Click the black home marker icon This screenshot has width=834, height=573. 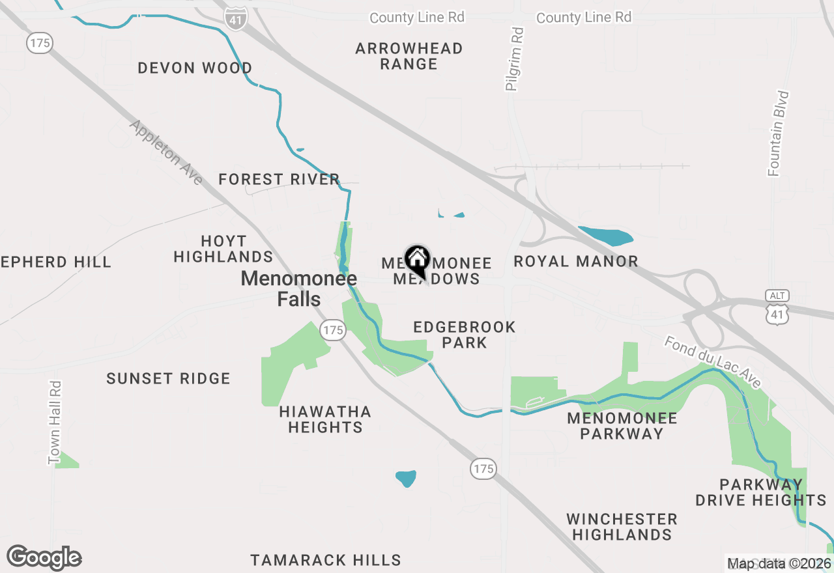point(417,260)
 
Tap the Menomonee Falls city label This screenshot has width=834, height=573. point(299,288)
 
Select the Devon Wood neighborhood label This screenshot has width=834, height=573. point(195,68)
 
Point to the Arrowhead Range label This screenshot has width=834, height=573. point(409,57)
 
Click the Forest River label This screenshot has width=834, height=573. point(279,179)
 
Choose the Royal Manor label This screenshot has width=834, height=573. point(576,262)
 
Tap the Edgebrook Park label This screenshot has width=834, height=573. point(465,335)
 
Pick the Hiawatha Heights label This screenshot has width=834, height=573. point(325,419)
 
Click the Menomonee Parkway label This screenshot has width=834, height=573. point(622,426)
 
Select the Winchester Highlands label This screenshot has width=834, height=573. point(622,527)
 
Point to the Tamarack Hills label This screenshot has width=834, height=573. point(326,560)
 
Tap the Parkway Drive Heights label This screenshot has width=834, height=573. point(761,492)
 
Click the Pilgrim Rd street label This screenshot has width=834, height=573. point(514,59)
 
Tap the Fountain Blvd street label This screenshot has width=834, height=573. point(779,133)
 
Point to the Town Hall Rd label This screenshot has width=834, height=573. point(55,423)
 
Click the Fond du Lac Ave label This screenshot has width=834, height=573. point(712,363)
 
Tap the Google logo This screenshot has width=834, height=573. point(44,558)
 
